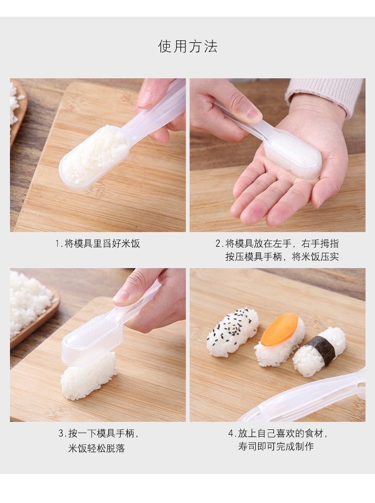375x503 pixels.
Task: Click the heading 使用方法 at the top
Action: tap(187, 46)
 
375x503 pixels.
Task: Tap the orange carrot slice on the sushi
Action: tap(278, 329)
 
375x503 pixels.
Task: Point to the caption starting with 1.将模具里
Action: tap(98, 243)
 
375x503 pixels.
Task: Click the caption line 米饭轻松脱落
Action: tap(96, 448)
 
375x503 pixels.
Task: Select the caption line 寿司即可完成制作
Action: tap(276, 446)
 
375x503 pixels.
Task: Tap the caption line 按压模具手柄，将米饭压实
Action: tap(282, 256)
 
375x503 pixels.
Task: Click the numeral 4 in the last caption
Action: tap(231, 433)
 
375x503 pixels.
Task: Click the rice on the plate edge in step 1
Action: tap(15, 103)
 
